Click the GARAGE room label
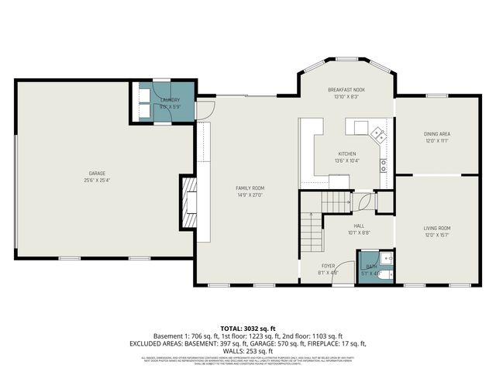pos(97,173)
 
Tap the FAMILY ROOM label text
pos(250,188)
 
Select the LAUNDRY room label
pos(170,100)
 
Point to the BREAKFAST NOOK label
pos(346,91)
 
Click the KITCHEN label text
pos(346,153)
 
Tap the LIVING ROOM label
pos(437,228)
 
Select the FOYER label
pos(328,266)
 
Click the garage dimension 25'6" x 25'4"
pos(97,180)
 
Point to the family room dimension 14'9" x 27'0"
pos(250,195)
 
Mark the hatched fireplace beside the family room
pos(187,201)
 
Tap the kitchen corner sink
pos(377,133)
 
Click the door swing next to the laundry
pos(203,111)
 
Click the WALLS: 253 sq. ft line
pos(247,350)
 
